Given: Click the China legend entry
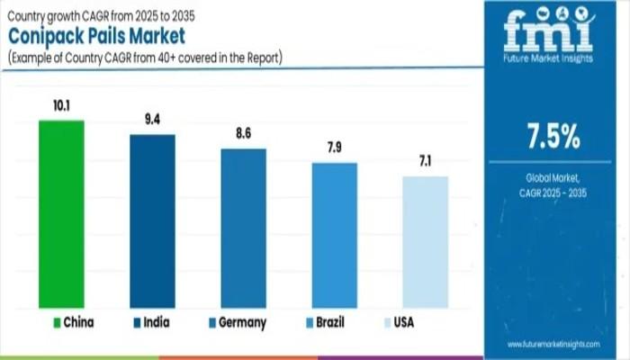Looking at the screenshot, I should click(x=73, y=321).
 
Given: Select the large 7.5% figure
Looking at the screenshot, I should click(x=553, y=138).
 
